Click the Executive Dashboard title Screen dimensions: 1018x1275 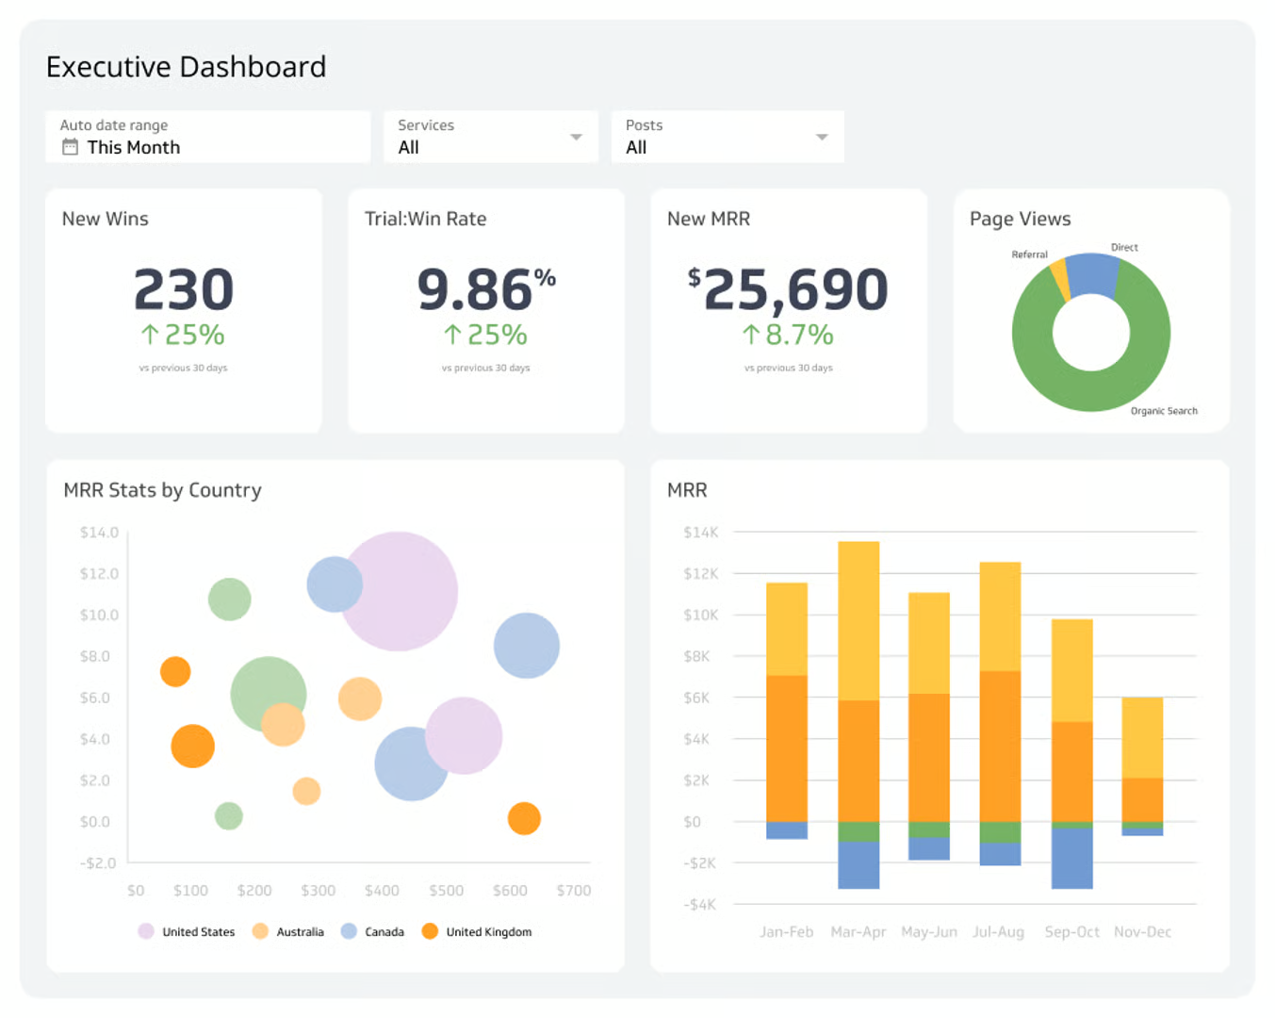coord(186,67)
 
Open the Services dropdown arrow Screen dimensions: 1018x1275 coord(576,138)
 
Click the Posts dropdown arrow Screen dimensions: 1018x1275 coord(822,138)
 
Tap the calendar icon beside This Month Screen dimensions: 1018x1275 coord(70,147)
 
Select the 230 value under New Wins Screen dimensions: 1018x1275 coord(183,289)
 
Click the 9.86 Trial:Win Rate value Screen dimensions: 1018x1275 coord(475,289)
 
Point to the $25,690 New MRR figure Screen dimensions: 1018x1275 coord(788,289)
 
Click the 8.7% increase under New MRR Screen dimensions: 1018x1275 coord(788,335)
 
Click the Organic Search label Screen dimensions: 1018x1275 coord(1163,411)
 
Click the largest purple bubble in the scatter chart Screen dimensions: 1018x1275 coord(399,591)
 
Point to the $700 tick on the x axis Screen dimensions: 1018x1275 coord(573,891)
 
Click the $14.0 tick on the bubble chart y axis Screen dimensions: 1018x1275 coord(99,533)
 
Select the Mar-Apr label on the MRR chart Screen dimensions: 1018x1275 coord(858,932)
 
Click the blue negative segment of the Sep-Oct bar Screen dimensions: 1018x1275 coord(1071,858)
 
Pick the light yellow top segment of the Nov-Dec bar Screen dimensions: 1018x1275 coord(1142,737)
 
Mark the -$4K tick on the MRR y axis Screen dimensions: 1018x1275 coord(699,905)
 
